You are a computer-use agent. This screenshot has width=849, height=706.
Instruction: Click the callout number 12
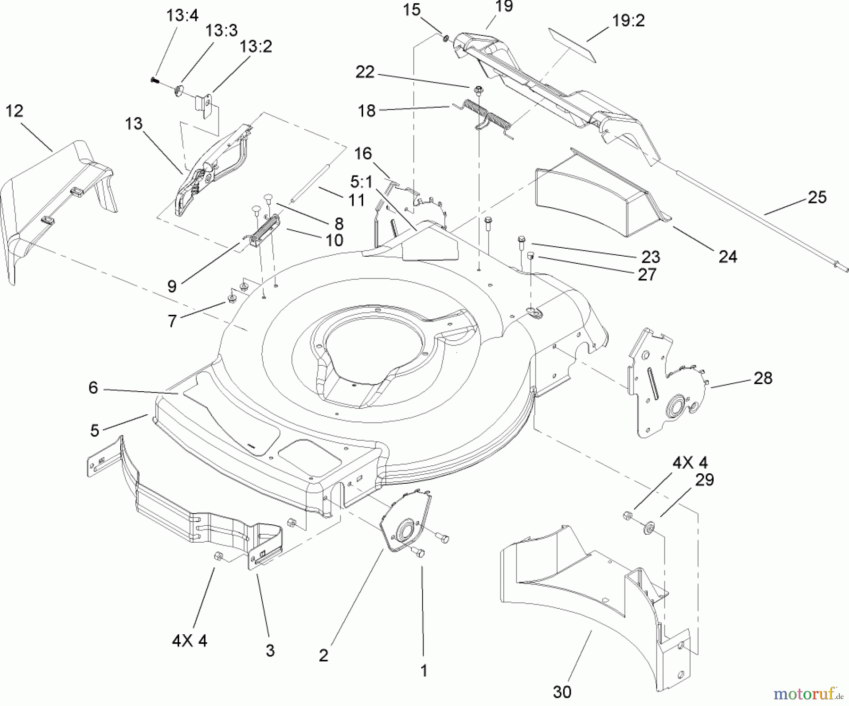[14, 111]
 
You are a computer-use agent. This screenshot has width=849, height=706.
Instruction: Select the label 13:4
[183, 16]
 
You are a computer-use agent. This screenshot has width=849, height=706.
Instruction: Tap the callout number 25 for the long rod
[817, 197]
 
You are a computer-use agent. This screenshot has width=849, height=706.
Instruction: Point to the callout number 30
[562, 692]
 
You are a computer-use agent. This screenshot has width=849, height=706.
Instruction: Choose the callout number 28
[763, 378]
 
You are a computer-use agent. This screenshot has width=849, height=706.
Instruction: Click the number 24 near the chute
[727, 256]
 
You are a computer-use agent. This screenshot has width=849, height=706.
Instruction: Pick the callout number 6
[93, 387]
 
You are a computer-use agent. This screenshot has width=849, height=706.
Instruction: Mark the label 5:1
[361, 181]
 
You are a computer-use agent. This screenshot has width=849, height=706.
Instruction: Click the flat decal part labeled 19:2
[572, 45]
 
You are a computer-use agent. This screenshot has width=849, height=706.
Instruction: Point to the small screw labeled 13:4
[153, 80]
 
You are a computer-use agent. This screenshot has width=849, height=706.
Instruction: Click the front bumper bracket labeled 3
[189, 510]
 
